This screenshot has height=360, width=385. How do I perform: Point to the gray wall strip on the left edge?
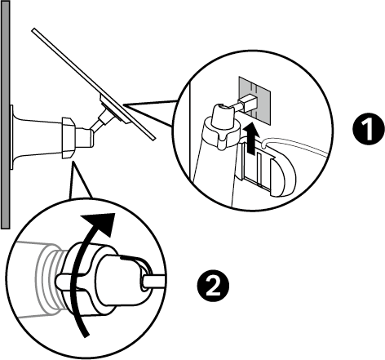tap(3, 114)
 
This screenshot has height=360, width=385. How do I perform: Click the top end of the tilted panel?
tap(37, 32)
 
